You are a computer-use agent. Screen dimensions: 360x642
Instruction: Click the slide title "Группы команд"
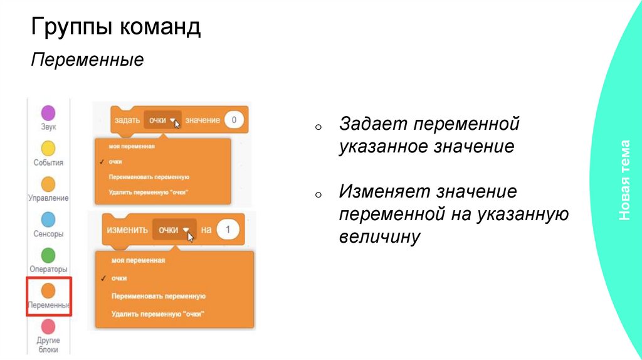point(116,28)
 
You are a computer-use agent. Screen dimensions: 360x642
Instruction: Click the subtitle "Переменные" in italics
point(87,60)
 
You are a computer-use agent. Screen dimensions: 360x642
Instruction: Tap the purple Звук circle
point(48,113)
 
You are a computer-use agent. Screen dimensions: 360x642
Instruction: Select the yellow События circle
point(48,149)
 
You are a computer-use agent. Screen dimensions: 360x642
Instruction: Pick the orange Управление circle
point(48,184)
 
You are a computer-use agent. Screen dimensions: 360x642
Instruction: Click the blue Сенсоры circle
point(48,220)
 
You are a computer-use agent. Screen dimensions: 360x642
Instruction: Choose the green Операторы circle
point(48,255)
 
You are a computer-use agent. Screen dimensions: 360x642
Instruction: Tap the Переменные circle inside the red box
point(48,290)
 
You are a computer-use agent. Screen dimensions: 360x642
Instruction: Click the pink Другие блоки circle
point(48,326)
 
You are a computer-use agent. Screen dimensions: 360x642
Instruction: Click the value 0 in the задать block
point(233,119)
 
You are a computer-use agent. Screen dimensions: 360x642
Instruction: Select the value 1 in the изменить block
point(228,230)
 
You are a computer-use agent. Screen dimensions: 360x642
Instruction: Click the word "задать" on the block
point(127,120)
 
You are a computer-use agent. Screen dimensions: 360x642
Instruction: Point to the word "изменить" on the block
point(127,230)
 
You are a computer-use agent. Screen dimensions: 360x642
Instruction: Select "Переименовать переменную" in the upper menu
point(149,177)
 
